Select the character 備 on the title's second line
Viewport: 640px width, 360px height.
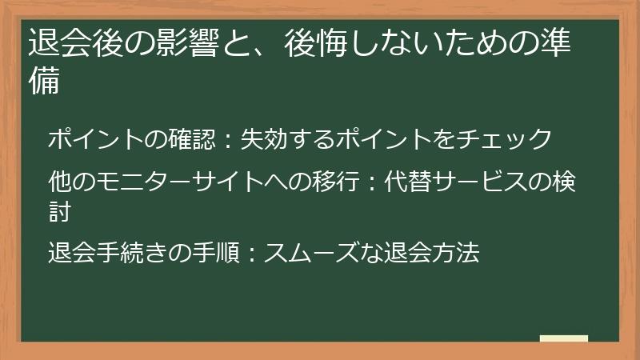[43, 82]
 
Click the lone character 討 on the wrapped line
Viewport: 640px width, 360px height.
[59, 211]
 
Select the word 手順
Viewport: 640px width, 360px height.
[209, 254]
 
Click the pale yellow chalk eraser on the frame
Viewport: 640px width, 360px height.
[564, 340]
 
